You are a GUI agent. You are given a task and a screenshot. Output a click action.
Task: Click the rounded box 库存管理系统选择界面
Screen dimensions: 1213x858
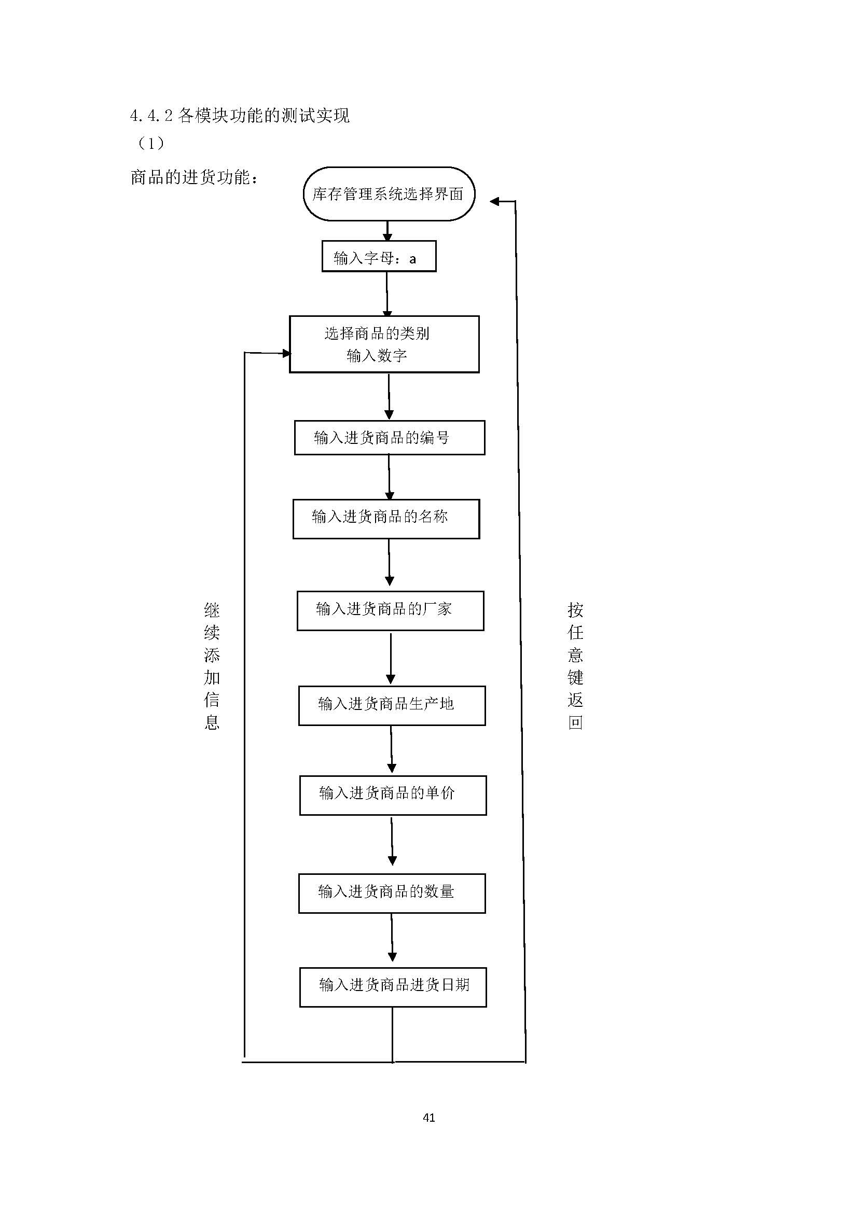pos(389,194)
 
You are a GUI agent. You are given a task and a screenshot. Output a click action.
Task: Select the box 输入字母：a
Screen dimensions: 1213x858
pos(379,257)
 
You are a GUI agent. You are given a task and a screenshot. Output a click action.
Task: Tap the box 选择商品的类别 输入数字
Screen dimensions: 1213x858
pos(384,344)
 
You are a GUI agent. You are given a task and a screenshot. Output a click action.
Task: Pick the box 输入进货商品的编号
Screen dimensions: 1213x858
pos(390,438)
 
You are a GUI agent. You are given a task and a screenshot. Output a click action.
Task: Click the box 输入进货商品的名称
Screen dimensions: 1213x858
pos(386,519)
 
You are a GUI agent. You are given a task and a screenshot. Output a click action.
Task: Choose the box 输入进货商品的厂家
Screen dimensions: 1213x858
pos(390,610)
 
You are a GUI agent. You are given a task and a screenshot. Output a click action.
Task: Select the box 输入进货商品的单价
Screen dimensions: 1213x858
pos(393,795)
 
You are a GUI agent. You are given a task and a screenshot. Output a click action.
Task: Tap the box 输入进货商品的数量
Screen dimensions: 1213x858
pos(392,893)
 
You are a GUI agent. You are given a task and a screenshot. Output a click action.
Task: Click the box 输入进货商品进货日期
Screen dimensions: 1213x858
pos(393,987)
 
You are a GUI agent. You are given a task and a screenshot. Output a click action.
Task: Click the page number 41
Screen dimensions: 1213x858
pos(429,1118)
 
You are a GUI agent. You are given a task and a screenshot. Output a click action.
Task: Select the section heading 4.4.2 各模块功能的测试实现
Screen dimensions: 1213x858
pos(239,115)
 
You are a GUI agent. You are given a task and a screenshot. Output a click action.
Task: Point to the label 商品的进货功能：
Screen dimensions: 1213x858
pos(195,177)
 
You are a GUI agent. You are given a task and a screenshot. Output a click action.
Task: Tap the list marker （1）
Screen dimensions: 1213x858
pos(151,143)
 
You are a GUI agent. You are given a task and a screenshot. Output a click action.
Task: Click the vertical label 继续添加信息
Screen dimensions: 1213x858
pos(212,666)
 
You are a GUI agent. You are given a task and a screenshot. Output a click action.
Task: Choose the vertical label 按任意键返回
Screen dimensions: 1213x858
pos(575,666)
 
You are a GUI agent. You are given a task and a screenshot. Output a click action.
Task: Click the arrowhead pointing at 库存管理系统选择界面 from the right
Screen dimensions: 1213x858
pos(495,201)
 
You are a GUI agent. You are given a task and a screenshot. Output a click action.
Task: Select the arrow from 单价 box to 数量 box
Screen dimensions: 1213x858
pos(392,844)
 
